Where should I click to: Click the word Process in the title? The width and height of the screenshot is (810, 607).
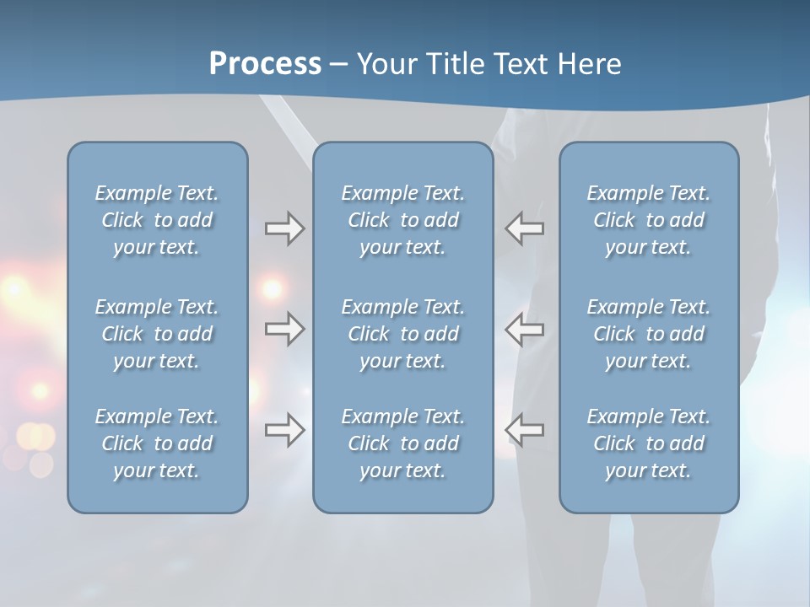coord(265,64)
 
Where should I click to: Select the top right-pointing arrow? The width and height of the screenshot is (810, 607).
coord(284,228)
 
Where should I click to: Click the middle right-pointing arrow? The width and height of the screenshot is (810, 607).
coord(284,329)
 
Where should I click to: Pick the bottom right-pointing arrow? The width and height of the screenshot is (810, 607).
coord(284,429)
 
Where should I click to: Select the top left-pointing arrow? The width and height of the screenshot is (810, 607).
coord(525,228)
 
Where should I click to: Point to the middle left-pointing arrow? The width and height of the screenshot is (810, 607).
coord(525,329)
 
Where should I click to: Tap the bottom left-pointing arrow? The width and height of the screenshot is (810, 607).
coord(525,429)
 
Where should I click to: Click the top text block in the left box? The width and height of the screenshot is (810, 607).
coord(157,220)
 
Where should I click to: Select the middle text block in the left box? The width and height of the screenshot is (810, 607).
coord(157,334)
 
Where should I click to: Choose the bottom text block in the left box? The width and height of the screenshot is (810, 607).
coord(157,443)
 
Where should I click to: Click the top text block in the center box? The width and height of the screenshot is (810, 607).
coord(403,220)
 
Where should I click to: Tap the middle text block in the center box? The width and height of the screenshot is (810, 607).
coord(403,334)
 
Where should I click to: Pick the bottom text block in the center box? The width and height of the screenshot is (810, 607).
coord(403,443)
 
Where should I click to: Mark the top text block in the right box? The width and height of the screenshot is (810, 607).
coord(649,220)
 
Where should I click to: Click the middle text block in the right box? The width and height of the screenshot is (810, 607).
coord(649,334)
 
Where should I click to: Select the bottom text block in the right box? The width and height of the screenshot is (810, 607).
coord(649,443)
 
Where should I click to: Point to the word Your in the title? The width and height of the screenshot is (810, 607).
coord(386,64)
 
